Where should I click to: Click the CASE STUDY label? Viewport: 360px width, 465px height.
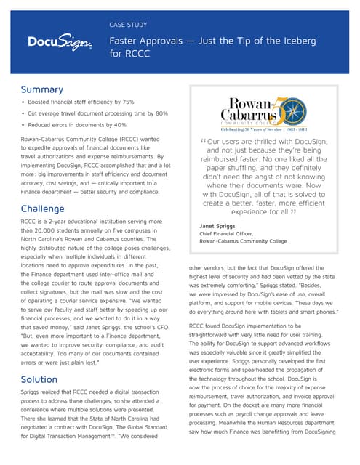tap(128, 24)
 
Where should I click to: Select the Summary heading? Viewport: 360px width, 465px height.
tap(43, 89)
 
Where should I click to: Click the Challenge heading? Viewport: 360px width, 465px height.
tap(47, 209)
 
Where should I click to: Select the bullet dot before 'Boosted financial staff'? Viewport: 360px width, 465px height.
tap(25, 102)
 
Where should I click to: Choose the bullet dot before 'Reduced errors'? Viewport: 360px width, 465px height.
tap(25, 125)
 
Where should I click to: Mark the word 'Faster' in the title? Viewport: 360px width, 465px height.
tap(126, 41)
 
